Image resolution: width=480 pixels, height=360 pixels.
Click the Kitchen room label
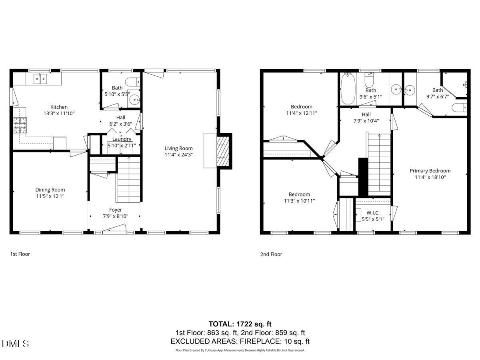point(59,107)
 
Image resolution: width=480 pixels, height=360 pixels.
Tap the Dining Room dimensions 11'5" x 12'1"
point(50,196)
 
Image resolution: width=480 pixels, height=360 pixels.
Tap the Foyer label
point(116,210)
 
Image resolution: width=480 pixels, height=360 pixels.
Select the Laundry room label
point(122,139)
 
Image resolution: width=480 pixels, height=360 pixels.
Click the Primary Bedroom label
point(430,170)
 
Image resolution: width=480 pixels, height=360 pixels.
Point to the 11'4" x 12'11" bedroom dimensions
point(302,113)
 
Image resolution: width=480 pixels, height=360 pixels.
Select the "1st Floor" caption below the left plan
point(20,254)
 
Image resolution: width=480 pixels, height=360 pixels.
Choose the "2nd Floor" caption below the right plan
point(271,254)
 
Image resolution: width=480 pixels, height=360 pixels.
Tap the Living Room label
point(178,148)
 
